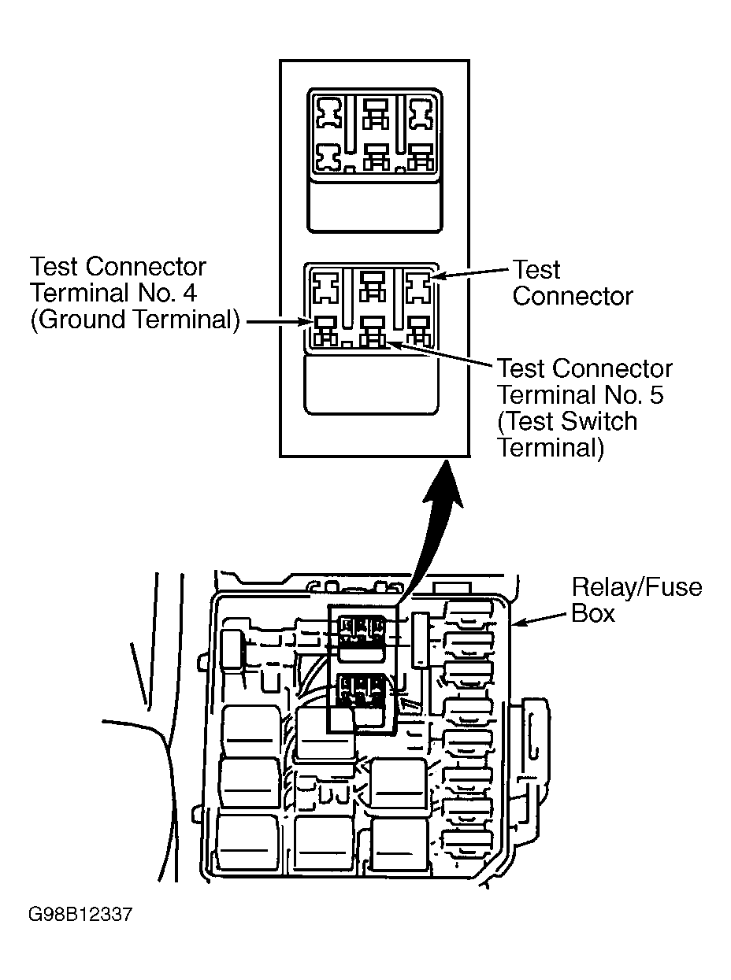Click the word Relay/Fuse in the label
pos(636,589)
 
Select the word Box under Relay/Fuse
pos(593,614)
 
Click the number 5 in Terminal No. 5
pos(655,395)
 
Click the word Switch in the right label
pos(600,421)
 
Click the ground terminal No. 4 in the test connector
pos(325,330)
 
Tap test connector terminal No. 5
pos(373,331)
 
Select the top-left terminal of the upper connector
pos(328,113)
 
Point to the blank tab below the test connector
pos(371,384)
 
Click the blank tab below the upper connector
pos(374,207)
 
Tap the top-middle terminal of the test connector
pos(373,286)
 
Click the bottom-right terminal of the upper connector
pos(421,157)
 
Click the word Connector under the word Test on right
pos(573,296)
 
